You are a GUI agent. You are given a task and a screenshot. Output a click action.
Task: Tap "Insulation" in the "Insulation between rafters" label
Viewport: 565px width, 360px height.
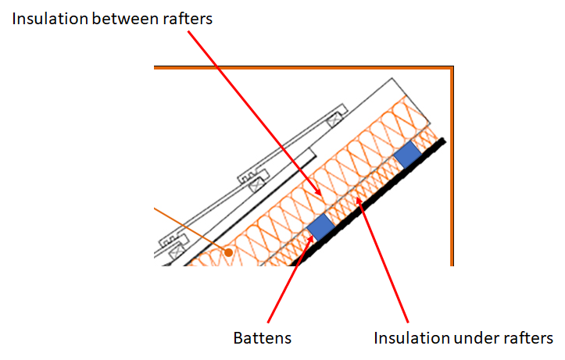[x=50, y=19]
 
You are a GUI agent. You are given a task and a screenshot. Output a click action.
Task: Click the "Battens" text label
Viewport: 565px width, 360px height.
[x=263, y=338]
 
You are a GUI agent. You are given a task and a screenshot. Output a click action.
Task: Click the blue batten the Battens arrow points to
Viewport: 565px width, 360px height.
[x=320, y=227]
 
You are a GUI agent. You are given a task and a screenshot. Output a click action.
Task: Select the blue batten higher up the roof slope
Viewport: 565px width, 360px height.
[x=408, y=155]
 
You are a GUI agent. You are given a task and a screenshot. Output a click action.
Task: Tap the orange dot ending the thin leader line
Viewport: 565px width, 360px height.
[x=228, y=253]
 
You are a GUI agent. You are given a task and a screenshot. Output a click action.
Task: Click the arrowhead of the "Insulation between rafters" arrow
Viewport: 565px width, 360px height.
[x=319, y=194]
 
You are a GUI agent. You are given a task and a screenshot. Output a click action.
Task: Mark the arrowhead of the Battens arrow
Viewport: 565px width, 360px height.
[x=311, y=239]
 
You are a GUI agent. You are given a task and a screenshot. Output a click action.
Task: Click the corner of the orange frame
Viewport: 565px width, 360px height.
[x=452, y=67]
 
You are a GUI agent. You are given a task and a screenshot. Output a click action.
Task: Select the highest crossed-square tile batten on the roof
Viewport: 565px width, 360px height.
[x=334, y=119]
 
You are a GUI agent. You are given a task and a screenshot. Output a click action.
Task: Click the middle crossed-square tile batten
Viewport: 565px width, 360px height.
[x=257, y=185]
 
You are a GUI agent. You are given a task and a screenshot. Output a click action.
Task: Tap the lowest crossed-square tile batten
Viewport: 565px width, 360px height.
[x=177, y=251]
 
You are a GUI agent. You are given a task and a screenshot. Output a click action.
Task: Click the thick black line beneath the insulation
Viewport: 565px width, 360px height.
[x=367, y=204]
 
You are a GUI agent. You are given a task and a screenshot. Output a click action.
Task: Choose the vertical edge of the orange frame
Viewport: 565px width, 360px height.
[x=452, y=166]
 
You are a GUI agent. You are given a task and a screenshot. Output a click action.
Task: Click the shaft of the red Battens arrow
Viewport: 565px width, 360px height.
[x=289, y=280]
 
